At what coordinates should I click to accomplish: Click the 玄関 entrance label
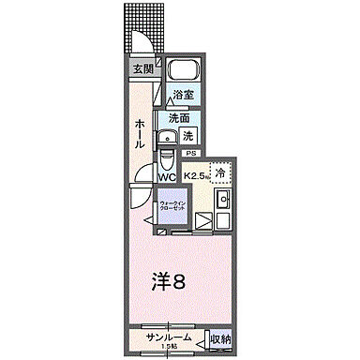[x=142, y=68]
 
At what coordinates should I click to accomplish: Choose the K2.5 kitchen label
[x=196, y=175]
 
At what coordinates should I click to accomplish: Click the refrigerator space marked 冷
[x=218, y=172]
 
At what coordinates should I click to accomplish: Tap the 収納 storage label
[x=218, y=337]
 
